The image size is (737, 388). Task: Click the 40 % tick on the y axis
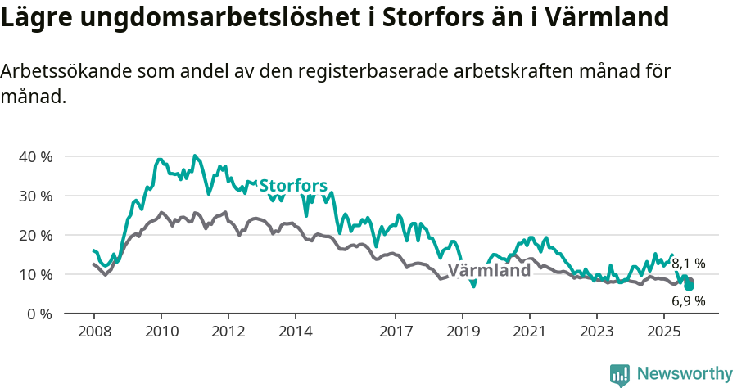35,156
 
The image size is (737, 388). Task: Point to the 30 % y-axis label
35,196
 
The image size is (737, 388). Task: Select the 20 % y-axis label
35,235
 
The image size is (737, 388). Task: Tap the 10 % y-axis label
35,274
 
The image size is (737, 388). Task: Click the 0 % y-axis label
39,314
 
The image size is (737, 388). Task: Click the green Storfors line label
293,186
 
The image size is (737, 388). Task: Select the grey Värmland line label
489,271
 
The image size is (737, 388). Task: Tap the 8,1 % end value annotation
689,264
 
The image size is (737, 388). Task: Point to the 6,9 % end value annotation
689,300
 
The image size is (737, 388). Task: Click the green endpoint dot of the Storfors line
689,286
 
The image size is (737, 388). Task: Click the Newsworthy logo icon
620,375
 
